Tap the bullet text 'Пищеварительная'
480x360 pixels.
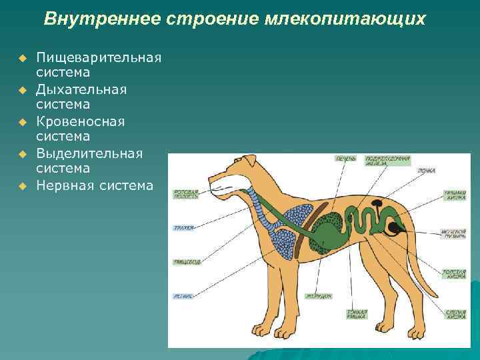point(99,57)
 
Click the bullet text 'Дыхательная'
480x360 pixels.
point(81,89)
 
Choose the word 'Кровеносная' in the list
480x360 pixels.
point(81,121)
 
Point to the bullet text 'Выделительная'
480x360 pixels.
point(89,153)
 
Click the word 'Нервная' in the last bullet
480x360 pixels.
point(65,185)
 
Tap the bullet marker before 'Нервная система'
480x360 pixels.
point(22,186)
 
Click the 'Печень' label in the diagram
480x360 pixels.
point(345,159)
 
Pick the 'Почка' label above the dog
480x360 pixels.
point(427,171)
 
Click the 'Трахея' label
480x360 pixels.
point(183,228)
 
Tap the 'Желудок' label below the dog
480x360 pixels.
point(319,295)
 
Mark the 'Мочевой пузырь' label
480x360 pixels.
point(453,235)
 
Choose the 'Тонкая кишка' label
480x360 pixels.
point(355,313)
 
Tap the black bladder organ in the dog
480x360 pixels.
point(395,228)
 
